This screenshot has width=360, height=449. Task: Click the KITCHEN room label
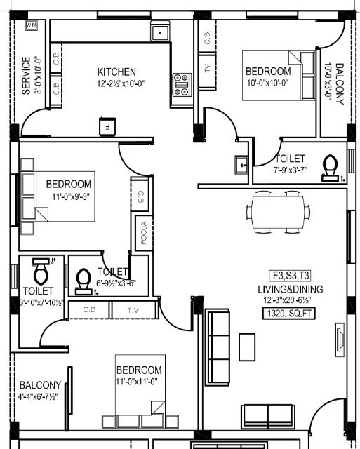[x=116, y=72]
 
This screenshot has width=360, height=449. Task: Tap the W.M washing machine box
[x=31, y=26]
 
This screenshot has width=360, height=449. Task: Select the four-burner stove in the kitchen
[x=182, y=83]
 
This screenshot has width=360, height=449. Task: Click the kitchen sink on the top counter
[x=161, y=32]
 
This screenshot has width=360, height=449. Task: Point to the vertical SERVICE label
[x=27, y=74]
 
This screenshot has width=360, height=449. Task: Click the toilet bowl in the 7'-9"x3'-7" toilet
[x=328, y=166]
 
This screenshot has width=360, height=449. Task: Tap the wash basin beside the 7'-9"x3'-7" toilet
[x=241, y=165]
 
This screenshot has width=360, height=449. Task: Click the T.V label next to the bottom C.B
[x=133, y=309]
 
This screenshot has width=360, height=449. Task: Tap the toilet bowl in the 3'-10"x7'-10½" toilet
[x=41, y=269]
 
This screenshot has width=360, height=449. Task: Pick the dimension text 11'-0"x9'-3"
[x=69, y=196]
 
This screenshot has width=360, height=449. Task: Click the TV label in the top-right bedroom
[x=207, y=68]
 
